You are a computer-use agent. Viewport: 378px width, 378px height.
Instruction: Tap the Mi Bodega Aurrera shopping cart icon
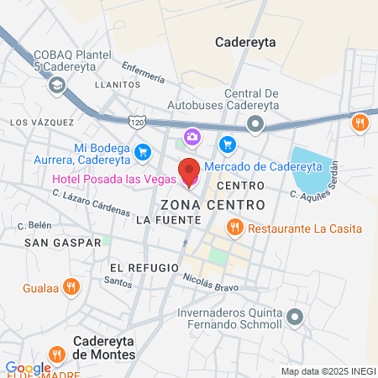(142, 153)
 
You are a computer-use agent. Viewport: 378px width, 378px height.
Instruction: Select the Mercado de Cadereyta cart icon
(226, 145)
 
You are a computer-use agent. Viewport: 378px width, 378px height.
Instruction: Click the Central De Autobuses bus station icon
(255, 125)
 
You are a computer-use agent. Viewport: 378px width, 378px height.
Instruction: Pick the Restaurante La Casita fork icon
(235, 227)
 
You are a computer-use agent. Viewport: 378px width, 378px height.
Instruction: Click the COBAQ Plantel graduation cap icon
(57, 84)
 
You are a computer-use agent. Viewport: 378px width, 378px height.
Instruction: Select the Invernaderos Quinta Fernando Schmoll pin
(294, 317)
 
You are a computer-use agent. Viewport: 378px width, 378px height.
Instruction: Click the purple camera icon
(192, 135)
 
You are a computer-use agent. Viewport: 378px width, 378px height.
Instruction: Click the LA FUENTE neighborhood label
(168, 220)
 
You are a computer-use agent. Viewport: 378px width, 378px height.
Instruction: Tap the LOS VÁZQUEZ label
(42, 122)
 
